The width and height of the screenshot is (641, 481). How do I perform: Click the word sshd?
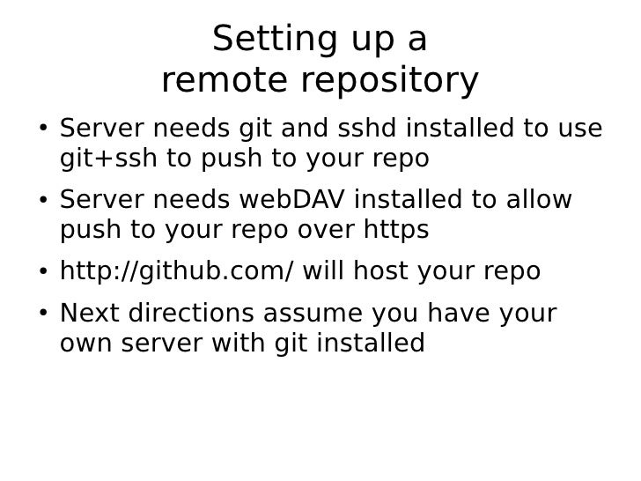pyautogui.click(x=366, y=129)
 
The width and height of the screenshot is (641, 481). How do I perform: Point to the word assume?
pyautogui.click(x=311, y=314)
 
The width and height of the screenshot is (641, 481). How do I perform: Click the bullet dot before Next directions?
pyautogui.click(x=43, y=315)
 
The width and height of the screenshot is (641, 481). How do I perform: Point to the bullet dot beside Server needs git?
pyautogui.click(x=43, y=131)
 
